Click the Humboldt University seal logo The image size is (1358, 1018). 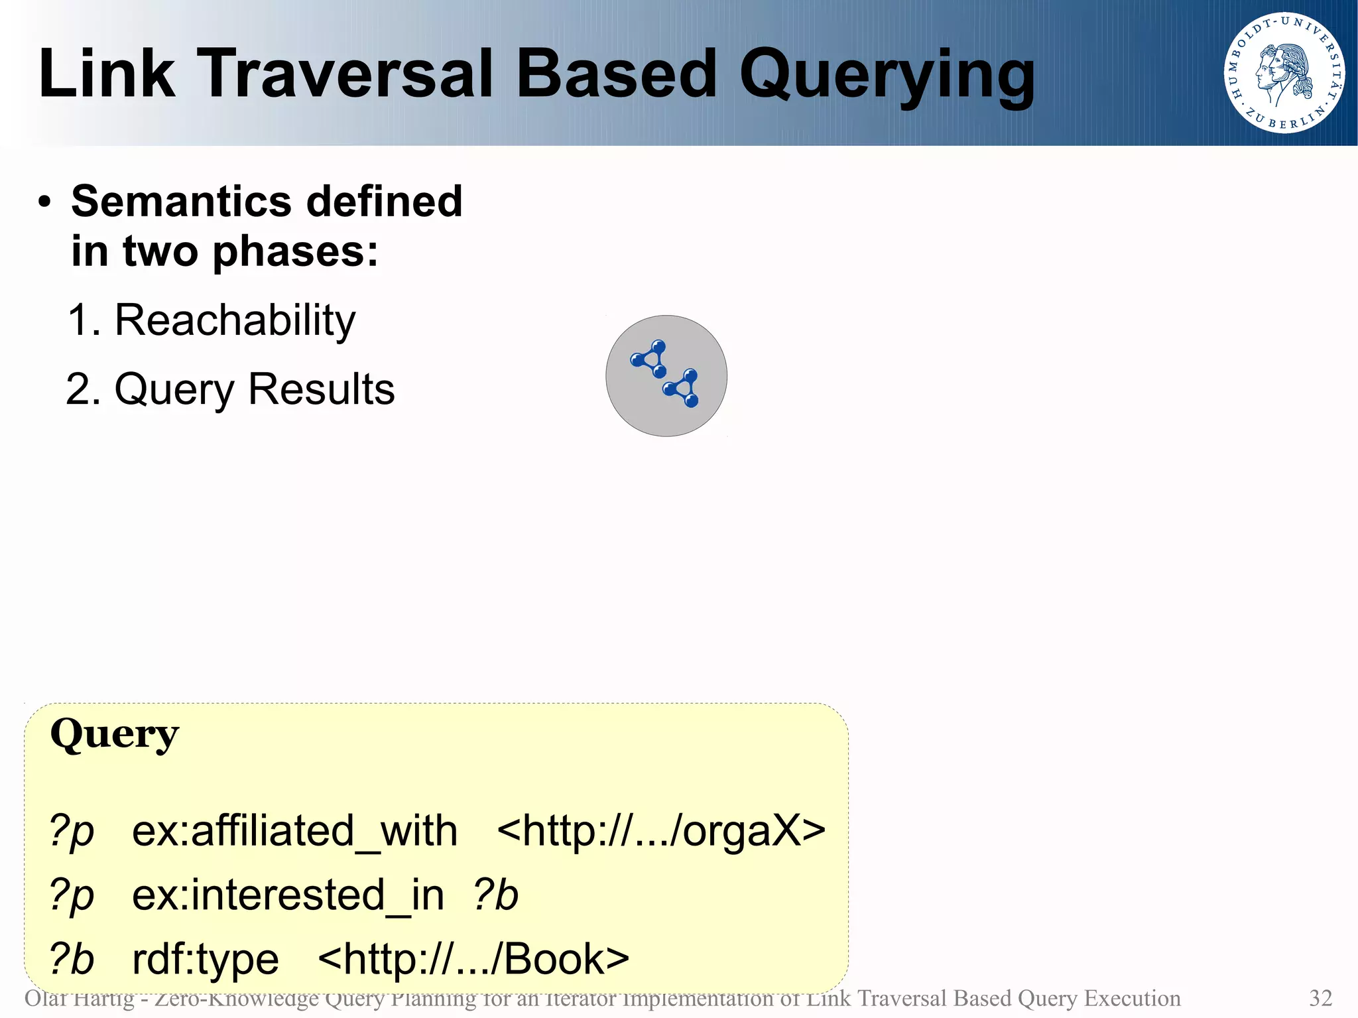1284,73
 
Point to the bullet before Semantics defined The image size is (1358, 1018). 44,202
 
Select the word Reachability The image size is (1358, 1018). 235,320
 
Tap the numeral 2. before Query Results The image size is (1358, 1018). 83,389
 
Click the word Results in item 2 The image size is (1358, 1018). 321,389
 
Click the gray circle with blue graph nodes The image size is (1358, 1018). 666,375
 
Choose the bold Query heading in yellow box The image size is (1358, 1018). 114,735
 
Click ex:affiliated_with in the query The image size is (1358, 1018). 294,831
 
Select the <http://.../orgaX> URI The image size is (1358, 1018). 660,831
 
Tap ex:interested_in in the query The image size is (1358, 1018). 288,895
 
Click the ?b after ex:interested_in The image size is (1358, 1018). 495,895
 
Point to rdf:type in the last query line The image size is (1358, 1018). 206,960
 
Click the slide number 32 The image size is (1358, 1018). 1320,998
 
